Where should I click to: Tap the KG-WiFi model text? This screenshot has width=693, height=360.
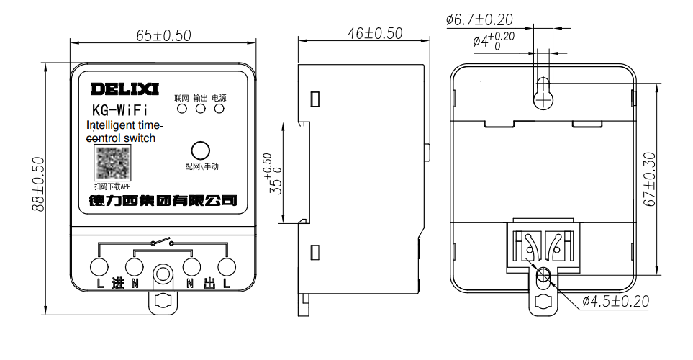click(x=120, y=111)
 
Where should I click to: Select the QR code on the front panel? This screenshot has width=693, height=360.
click(x=114, y=163)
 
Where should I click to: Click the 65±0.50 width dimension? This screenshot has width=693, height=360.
click(x=163, y=35)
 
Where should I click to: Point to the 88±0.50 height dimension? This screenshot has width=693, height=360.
click(x=38, y=184)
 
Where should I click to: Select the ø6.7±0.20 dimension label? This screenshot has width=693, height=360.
click(x=479, y=19)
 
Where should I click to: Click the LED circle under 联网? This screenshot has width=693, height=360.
click(x=182, y=109)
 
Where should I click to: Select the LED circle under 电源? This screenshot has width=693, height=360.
click(x=219, y=109)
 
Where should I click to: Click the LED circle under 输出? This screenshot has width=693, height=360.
click(x=201, y=109)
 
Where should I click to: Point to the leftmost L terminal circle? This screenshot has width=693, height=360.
click(x=99, y=267)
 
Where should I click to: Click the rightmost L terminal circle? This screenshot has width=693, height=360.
click(x=227, y=267)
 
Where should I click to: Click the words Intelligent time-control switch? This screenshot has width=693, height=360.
click(x=120, y=132)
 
